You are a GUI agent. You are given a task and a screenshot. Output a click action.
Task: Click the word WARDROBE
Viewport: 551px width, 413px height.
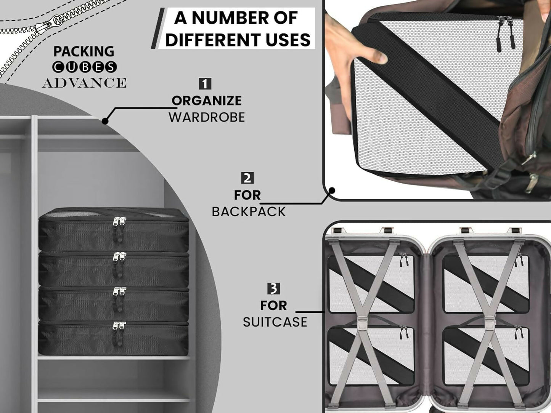207,117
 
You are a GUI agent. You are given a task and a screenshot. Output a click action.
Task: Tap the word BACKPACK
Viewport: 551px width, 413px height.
249,211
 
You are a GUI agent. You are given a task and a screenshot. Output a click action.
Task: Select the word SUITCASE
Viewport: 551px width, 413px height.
275,322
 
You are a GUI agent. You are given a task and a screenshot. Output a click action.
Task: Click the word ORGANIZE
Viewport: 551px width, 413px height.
207,101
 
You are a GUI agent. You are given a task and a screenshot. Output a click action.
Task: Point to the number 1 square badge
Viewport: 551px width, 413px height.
205,84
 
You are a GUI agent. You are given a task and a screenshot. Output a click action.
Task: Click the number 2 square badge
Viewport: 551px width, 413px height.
247,178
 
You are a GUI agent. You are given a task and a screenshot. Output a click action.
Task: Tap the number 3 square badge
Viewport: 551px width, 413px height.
274,288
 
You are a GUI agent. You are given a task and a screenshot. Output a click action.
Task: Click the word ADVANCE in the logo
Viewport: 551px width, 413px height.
84,83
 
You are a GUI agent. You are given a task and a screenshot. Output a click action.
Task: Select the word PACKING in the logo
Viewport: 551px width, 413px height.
84,51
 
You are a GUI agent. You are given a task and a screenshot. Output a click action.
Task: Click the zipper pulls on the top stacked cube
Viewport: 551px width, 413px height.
119,229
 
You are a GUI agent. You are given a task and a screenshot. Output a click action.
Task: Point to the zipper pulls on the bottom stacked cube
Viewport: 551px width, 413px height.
119,333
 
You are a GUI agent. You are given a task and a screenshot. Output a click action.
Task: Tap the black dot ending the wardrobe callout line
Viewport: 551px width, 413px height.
105,121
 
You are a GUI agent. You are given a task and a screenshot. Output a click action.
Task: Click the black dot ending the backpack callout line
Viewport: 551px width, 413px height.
332,190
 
